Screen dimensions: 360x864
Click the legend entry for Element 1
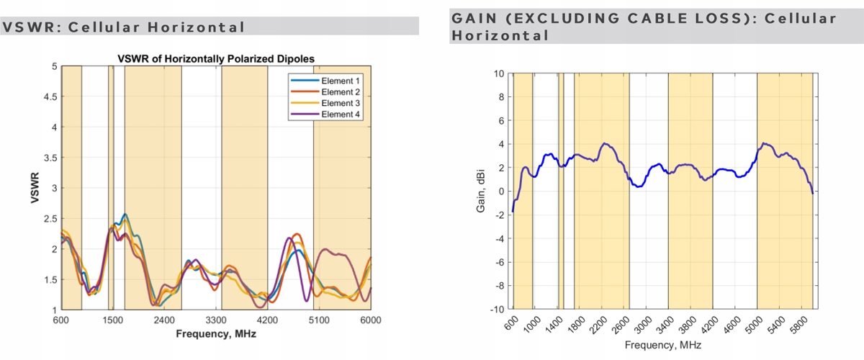coord(341,80)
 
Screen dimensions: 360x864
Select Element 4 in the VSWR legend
coord(341,114)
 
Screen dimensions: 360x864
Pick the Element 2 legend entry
coord(341,91)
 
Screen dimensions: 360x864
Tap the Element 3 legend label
coord(341,103)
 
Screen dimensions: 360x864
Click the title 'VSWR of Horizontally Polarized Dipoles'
coord(216,58)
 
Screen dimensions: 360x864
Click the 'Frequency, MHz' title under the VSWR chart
coord(216,334)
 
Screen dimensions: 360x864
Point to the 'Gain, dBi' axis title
coord(481,191)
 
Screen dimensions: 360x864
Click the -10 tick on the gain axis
coord(497,309)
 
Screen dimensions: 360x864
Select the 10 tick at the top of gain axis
coord(499,73)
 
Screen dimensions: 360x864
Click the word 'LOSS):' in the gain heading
coord(720,18)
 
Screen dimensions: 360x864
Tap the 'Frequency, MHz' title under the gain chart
coord(662,346)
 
